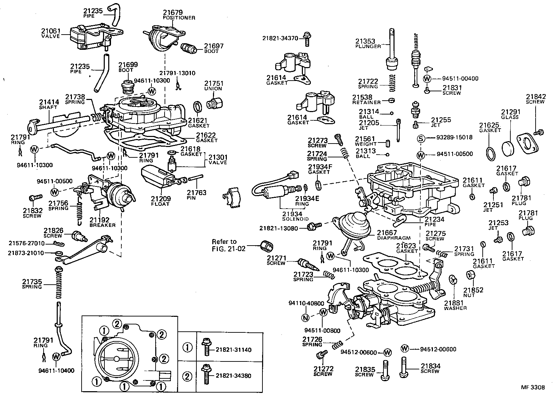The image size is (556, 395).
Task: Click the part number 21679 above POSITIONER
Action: click(173, 12)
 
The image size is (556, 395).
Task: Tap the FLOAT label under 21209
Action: click(160, 204)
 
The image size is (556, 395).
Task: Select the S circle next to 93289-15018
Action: click(420, 138)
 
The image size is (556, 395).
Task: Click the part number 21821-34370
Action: click(280, 38)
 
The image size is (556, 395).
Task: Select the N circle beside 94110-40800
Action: click(305, 318)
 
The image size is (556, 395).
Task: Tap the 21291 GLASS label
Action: click(510, 114)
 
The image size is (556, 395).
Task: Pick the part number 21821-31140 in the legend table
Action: click(234, 350)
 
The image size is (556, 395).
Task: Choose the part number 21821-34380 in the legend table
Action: click(234, 376)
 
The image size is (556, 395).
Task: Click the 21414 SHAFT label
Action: click(49, 104)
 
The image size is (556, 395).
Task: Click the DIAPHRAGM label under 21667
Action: click(393, 238)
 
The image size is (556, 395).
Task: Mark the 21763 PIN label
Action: click(196, 195)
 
